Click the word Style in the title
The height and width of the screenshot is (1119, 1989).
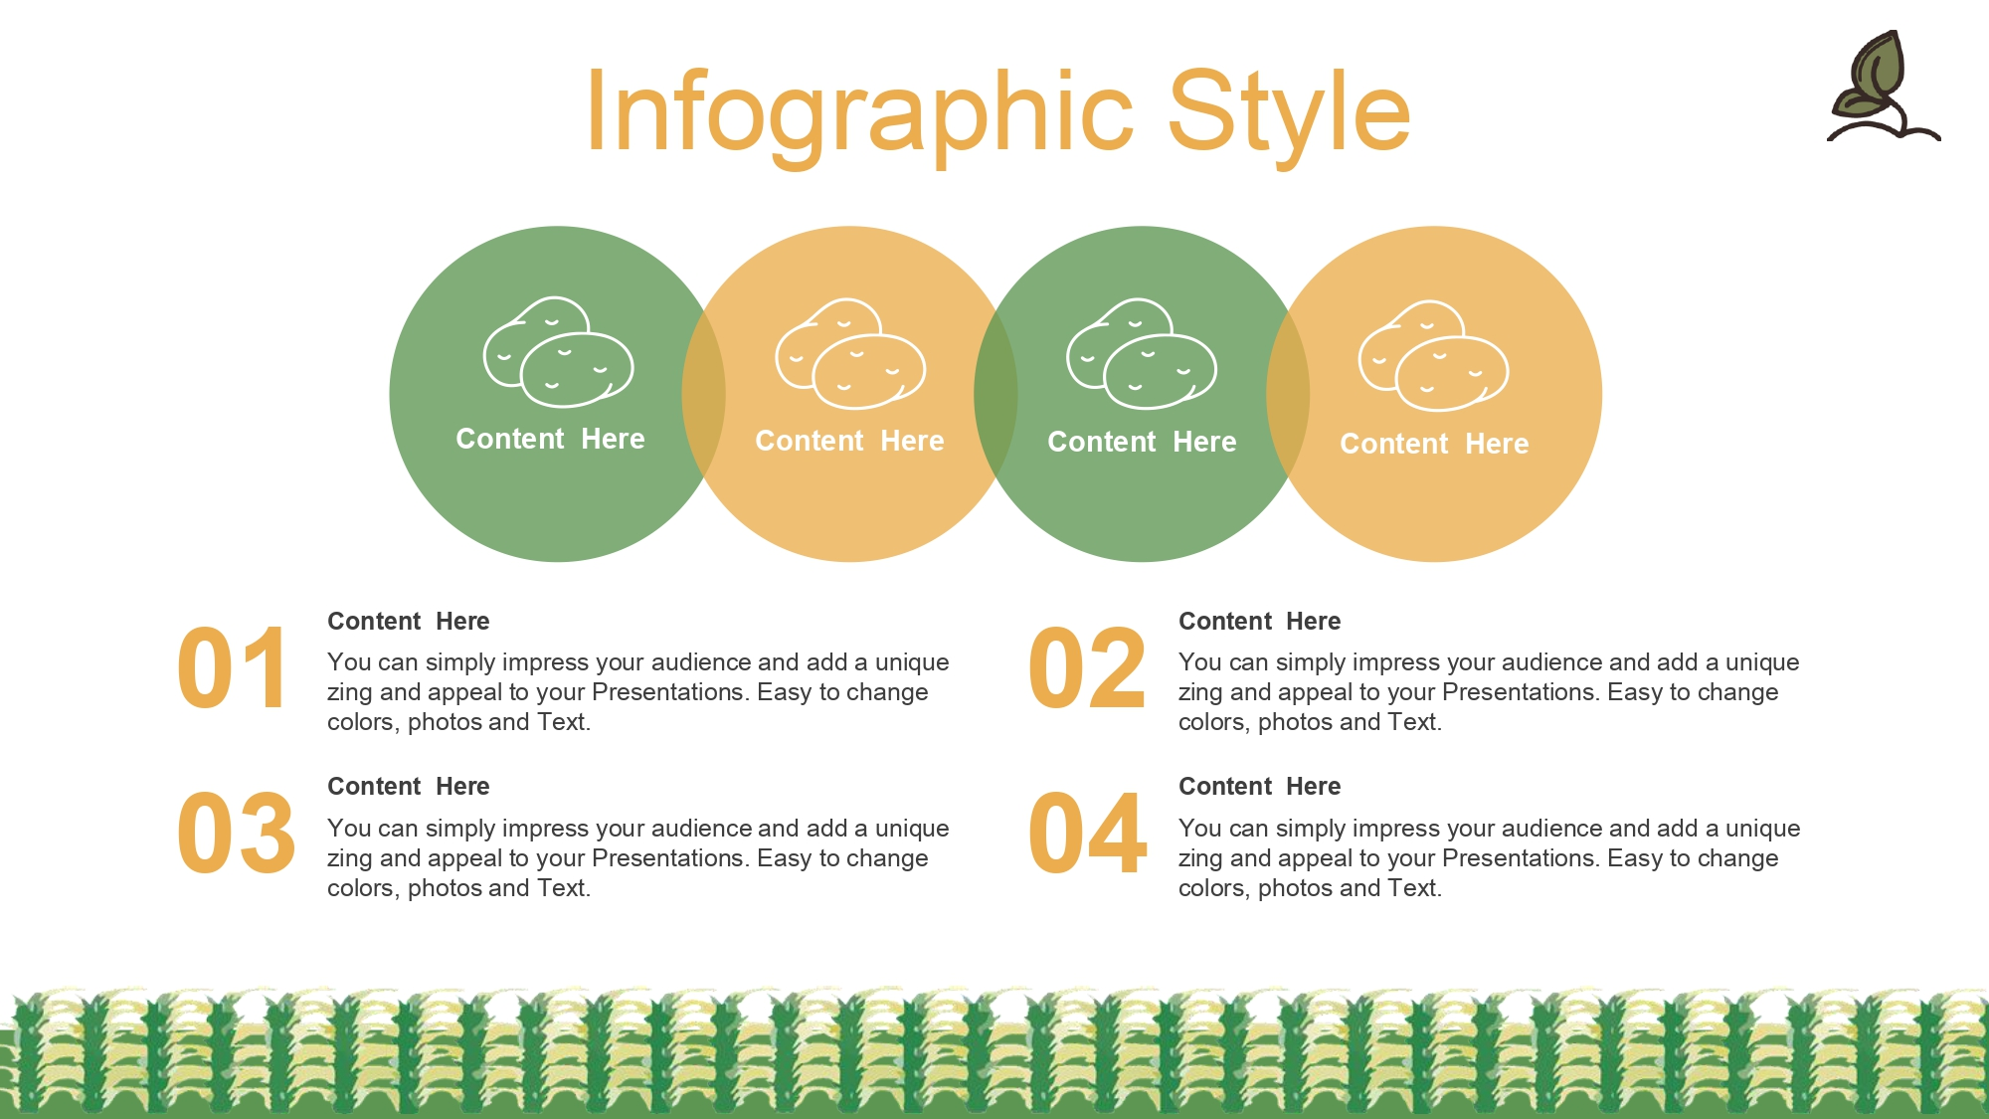[1289, 113]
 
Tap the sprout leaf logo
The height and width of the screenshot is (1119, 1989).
[1883, 87]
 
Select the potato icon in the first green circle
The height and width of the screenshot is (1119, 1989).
[558, 351]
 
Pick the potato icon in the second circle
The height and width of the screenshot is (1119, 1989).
[850, 353]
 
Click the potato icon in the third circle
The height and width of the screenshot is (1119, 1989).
[1142, 353]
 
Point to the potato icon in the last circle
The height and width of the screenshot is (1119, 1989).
[1434, 355]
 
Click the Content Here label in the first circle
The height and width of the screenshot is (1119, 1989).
[550, 439]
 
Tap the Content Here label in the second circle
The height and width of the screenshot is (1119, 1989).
[849, 441]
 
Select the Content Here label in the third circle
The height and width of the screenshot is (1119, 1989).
[1142, 442]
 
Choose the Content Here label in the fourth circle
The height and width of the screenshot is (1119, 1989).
[1434, 444]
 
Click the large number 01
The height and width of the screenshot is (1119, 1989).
[233, 667]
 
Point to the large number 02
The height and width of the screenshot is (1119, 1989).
[1087, 667]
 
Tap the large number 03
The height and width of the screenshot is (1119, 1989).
[237, 834]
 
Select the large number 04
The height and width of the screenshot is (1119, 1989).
[1088, 834]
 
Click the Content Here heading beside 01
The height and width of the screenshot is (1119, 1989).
[408, 622]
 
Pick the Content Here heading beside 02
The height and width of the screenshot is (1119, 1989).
[1259, 622]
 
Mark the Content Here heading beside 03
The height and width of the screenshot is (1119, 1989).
[408, 787]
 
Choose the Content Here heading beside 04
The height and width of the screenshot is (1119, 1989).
[1259, 787]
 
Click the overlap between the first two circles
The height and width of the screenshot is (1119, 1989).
[703, 394]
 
